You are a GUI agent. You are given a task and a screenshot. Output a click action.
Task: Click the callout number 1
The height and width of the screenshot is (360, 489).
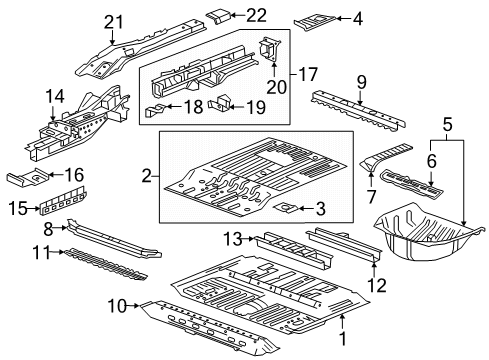344,346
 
